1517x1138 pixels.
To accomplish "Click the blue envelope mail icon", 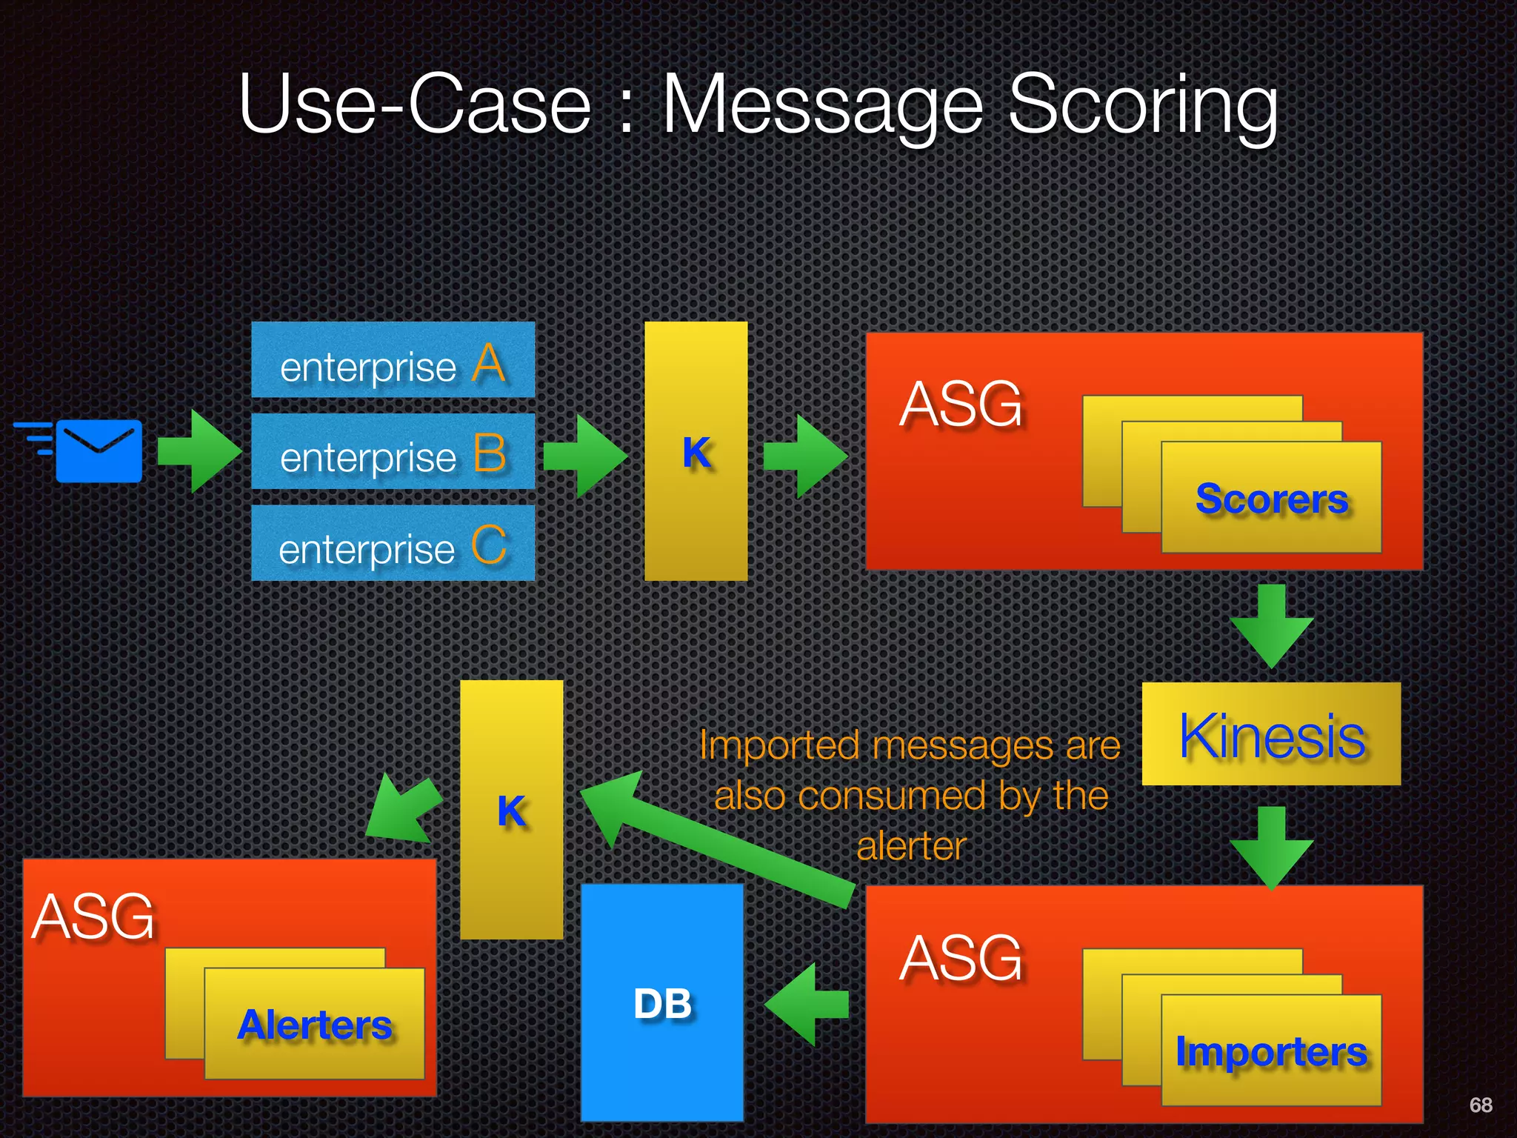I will pos(98,450).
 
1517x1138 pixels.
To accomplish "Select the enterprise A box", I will pos(393,360).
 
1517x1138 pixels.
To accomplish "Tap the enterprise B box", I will pos(393,452).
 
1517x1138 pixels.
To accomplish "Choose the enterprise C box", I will pos(393,544).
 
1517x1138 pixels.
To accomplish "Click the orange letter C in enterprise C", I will pos(489,545).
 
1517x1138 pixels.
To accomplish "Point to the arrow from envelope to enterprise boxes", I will pos(199,450).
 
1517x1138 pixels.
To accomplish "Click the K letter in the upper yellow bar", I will pos(696,453).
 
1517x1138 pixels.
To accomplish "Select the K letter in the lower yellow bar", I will pos(511,811).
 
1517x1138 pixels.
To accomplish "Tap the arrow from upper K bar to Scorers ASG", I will pos(804,456).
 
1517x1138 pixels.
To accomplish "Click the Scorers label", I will pos(1271,499).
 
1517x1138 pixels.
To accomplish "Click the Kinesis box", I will pos(1271,734).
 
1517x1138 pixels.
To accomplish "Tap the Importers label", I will pos(1271,1052).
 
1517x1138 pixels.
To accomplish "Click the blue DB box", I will pos(662,1003).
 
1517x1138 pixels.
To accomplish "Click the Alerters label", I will pos(315,1025).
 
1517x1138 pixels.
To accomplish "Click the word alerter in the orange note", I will pos(911,846).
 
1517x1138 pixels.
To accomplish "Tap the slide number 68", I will pos(1480,1105).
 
